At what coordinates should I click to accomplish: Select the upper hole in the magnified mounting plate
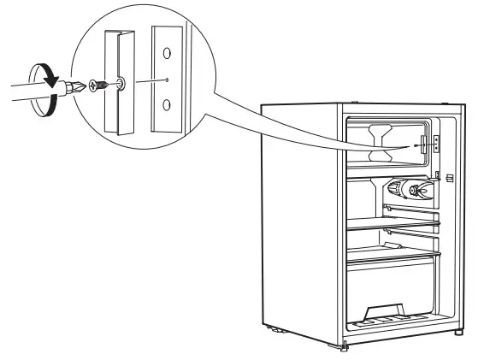pos(167,53)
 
